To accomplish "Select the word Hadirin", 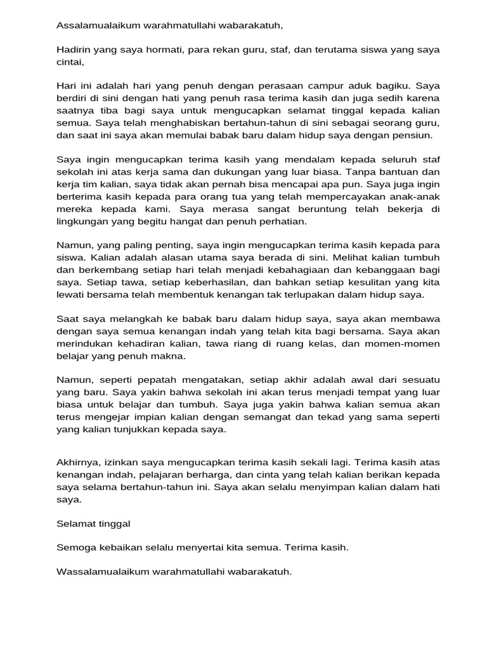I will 73,49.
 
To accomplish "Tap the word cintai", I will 70,62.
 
